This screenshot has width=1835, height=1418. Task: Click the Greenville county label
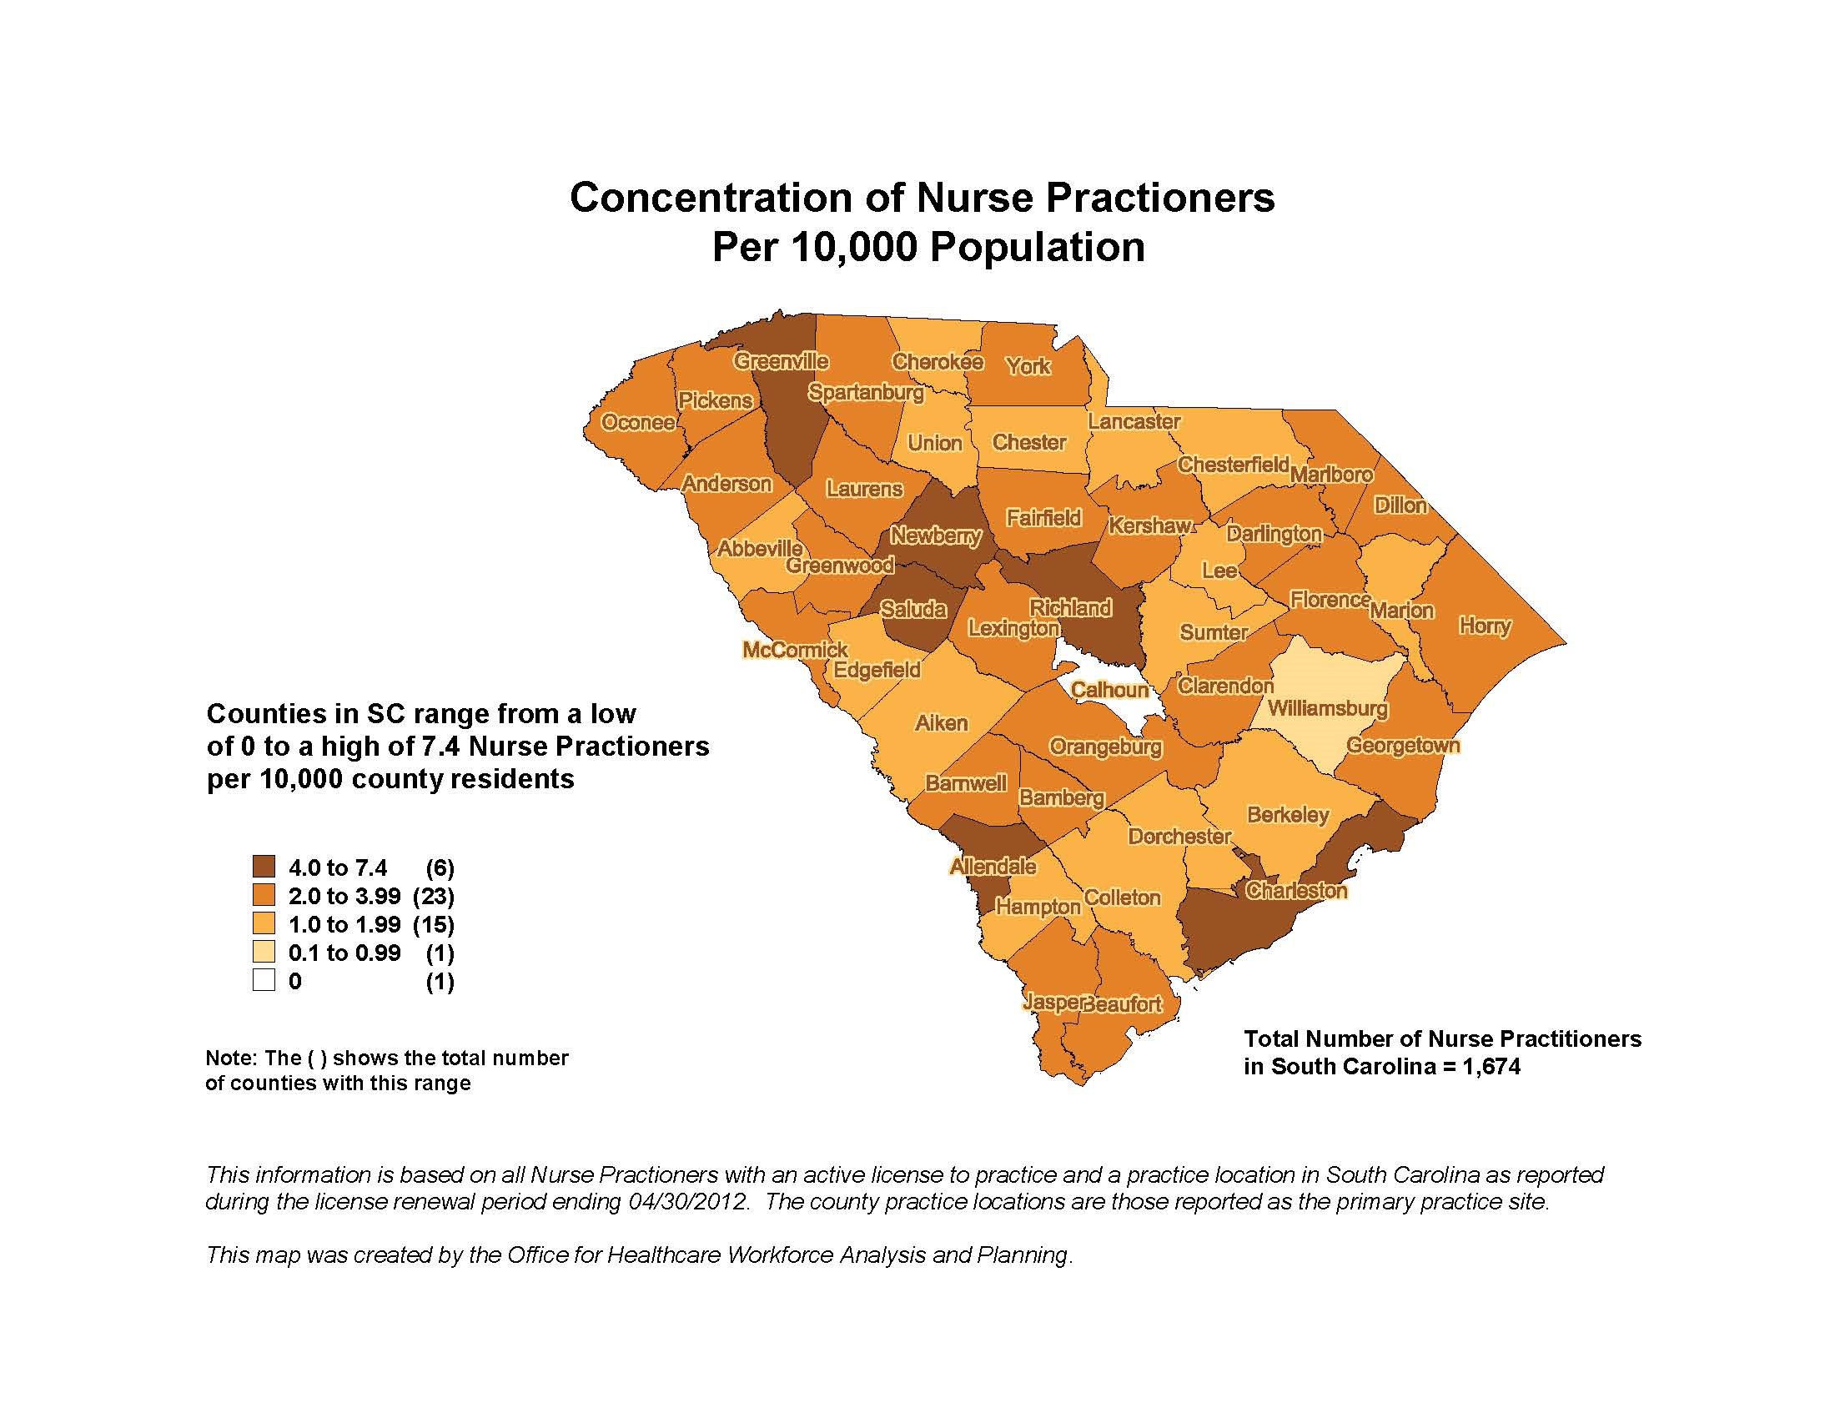tap(781, 361)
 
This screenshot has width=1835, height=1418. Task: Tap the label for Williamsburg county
tap(1327, 708)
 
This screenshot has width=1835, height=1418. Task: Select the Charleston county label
tap(1295, 891)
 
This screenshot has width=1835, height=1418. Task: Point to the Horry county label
tap(1485, 626)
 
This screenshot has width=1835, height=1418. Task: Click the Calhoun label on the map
tap(1109, 690)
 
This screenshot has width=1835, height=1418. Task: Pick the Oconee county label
tap(638, 422)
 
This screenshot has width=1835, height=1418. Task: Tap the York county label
tap(1028, 365)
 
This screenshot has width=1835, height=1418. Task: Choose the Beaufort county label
tap(1124, 1003)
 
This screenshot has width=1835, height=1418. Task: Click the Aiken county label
tap(941, 722)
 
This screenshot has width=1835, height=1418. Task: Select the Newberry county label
tap(935, 536)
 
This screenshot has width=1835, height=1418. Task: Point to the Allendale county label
tap(993, 866)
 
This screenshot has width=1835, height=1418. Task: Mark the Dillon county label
tap(1400, 505)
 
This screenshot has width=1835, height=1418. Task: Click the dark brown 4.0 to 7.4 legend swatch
tap(264, 867)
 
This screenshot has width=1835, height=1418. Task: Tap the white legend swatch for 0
tap(264, 980)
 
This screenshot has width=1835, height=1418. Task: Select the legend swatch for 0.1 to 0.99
tap(264, 952)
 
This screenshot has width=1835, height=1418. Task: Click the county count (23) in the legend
tap(433, 896)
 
